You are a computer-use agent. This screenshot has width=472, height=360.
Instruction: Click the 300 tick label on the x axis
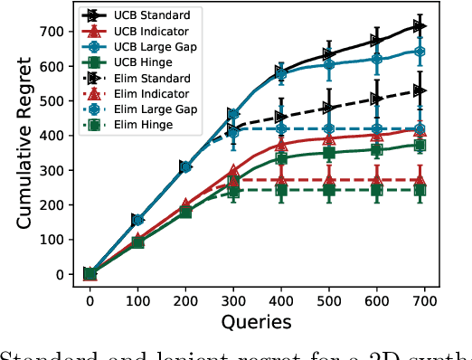click(233, 299)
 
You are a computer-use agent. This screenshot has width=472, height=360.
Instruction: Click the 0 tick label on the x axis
click(90, 299)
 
